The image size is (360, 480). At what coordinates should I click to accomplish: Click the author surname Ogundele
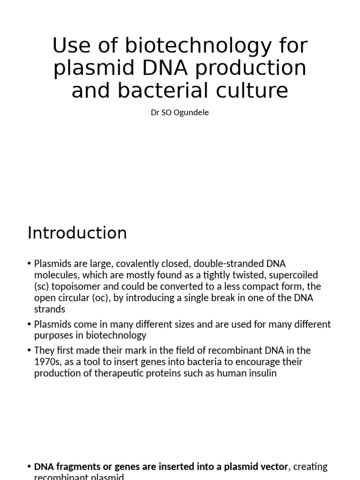(x=191, y=113)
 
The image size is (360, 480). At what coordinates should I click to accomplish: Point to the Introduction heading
(x=77, y=233)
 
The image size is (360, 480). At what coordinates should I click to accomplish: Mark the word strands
(x=50, y=309)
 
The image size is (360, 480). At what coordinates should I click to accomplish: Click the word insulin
(x=267, y=373)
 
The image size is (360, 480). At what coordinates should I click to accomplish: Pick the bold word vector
(x=273, y=467)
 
